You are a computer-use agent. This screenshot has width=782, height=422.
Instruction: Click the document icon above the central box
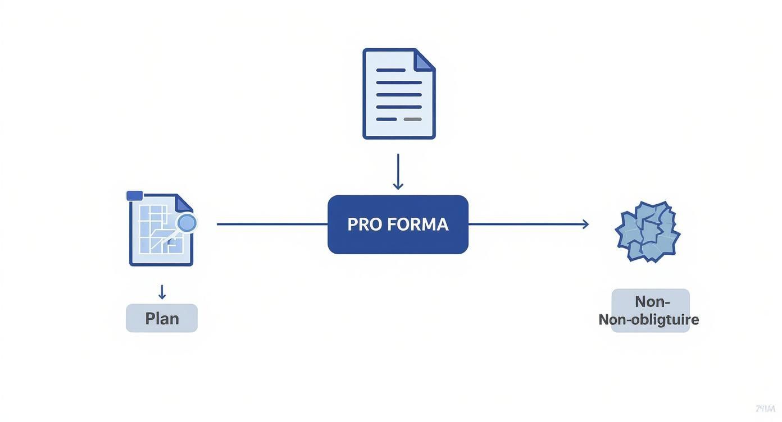pyautogui.click(x=399, y=94)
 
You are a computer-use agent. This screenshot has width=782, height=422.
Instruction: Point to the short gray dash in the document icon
pyautogui.click(x=413, y=120)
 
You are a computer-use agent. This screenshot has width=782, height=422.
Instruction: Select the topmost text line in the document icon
pyautogui.click(x=391, y=70)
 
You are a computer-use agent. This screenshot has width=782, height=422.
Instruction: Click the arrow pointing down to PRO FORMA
pyautogui.click(x=398, y=172)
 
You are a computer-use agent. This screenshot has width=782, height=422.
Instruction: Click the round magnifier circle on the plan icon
pyautogui.click(x=187, y=223)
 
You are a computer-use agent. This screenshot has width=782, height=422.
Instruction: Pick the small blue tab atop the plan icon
pyautogui.click(x=135, y=195)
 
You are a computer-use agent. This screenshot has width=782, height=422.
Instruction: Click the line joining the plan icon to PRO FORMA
pyautogui.click(x=272, y=224)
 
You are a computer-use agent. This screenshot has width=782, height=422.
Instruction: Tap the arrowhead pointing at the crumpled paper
pyautogui.click(x=585, y=224)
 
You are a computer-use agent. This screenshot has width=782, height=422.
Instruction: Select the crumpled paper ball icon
pyautogui.click(x=648, y=231)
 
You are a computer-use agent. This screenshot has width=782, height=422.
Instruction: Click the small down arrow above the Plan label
pyautogui.click(x=162, y=292)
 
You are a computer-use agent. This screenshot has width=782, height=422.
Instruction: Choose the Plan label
pyautogui.click(x=162, y=318)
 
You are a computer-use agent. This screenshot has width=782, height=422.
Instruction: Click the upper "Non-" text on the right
pyautogui.click(x=652, y=301)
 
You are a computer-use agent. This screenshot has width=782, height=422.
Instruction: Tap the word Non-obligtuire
pyautogui.click(x=649, y=320)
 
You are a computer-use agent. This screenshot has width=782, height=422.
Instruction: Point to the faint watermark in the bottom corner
pyautogui.click(x=765, y=409)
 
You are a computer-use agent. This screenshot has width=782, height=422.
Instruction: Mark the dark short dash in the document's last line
pyautogui.click(x=386, y=120)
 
